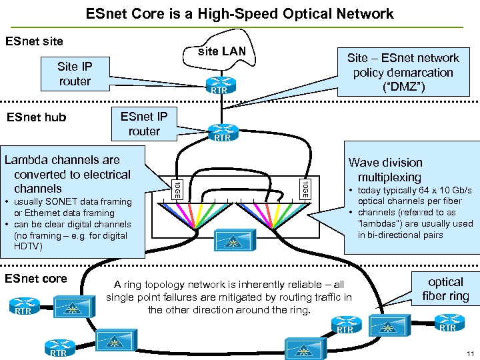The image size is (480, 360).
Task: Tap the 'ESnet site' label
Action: (x=34, y=41)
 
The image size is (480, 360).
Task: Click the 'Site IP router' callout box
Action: (x=75, y=74)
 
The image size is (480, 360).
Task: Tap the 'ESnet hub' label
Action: (x=36, y=118)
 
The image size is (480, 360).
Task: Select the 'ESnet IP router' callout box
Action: (x=144, y=123)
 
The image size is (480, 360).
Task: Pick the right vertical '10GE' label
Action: (x=304, y=189)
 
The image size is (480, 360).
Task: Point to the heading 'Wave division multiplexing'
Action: (x=385, y=170)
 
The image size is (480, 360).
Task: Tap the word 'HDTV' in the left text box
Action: (x=27, y=247)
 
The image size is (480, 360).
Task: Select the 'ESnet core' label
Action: (x=36, y=279)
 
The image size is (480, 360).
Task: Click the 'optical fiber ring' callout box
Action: (x=445, y=289)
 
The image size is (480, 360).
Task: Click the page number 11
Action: (x=469, y=353)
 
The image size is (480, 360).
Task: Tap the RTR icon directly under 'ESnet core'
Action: (x=23, y=307)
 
